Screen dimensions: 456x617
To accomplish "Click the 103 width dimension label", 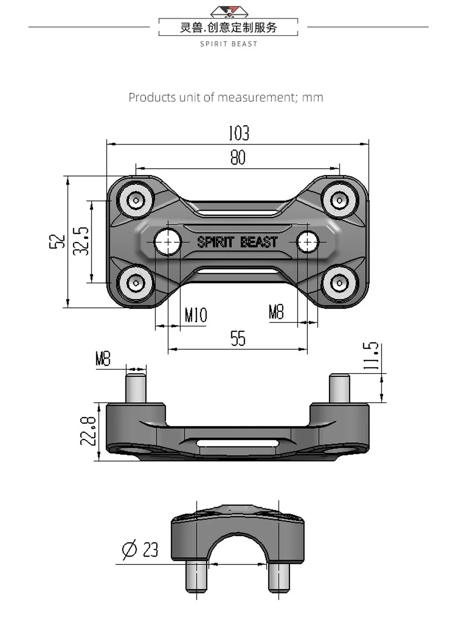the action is click(238, 133).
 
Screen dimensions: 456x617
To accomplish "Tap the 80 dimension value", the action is click(238, 157).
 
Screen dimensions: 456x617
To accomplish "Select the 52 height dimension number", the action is click(57, 241).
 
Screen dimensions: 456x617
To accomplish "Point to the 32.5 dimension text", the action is click(81, 241).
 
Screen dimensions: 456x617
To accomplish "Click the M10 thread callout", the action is click(196, 315).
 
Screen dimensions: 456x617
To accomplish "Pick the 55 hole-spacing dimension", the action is click(238, 338).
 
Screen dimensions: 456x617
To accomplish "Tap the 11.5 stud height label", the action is click(371, 356).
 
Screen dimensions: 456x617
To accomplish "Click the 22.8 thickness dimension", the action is click(88, 431).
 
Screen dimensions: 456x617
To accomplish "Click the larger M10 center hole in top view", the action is click(168, 242).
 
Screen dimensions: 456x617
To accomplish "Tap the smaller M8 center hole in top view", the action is click(307, 242).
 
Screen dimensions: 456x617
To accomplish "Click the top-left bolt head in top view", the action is click(136, 200).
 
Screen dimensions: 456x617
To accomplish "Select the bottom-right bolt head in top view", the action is click(339, 283).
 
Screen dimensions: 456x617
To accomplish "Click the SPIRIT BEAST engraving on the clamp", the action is click(237, 242).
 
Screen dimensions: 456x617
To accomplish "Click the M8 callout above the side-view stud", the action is click(103, 358).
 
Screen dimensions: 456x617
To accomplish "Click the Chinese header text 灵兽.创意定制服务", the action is click(228, 27).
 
